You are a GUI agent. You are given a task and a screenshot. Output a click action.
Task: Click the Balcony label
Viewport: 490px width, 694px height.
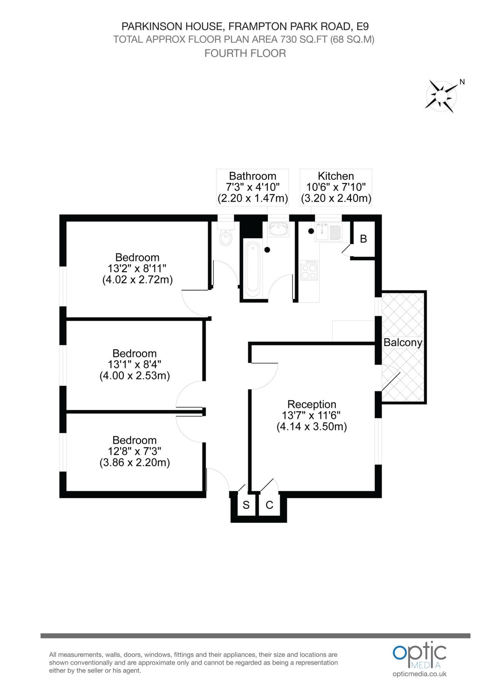403,342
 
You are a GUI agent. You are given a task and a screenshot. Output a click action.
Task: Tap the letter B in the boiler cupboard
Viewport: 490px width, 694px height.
363,239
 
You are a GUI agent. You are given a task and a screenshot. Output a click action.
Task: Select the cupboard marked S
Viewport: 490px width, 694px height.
246,505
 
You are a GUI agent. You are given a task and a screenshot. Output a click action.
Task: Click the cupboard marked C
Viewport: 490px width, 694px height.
269,505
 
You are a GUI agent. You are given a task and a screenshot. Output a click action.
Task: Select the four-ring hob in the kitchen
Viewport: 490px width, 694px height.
309,270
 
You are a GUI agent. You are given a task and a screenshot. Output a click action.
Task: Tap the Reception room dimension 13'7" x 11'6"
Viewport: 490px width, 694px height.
311,415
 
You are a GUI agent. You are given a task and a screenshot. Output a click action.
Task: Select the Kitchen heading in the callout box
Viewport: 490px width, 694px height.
336,176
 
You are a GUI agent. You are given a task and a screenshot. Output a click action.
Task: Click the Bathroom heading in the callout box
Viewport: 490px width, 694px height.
252,176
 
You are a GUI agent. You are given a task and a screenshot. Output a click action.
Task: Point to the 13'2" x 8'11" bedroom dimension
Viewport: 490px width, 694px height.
137,268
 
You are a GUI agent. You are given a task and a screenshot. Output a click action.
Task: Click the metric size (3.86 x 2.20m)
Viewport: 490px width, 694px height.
134,462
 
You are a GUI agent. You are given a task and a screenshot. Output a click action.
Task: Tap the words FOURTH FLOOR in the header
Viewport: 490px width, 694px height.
245,53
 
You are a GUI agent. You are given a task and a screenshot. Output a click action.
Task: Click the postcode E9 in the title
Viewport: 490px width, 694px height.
362,26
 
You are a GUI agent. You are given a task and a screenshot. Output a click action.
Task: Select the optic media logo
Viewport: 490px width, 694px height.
419,655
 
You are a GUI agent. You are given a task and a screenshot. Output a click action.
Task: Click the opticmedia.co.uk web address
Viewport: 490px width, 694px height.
419,674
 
